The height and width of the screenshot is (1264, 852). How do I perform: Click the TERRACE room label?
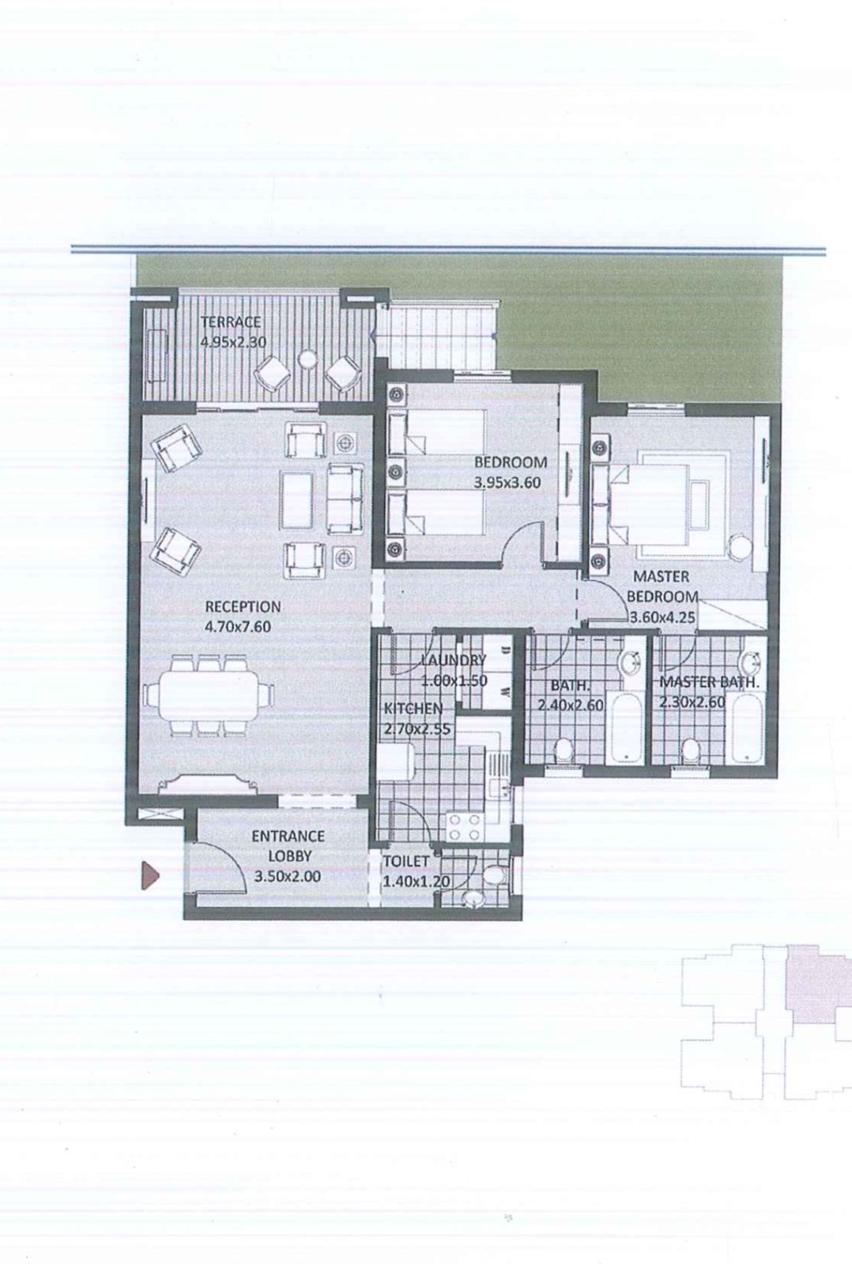(x=232, y=322)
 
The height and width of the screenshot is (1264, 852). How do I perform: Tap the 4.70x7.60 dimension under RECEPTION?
(x=238, y=627)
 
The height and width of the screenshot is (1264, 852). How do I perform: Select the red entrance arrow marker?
(x=150, y=875)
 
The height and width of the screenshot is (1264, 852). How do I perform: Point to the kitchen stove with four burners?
(x=466, y=826)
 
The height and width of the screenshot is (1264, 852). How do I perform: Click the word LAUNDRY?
(x=454, y=660)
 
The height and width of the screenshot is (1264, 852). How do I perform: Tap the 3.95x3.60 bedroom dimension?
(x=507, y=483)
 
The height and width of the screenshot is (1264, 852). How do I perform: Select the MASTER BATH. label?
(x=709, y=682)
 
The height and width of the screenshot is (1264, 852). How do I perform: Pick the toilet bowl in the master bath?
(x=690, y=750)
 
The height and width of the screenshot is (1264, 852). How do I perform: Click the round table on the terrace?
(x=308, y=359)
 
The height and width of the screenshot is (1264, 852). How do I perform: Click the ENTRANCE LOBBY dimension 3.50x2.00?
(x=288, y=876)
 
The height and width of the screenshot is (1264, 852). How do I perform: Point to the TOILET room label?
(x=406, y=862)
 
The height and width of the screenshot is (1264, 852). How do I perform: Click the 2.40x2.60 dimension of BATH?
(x=571, y=705)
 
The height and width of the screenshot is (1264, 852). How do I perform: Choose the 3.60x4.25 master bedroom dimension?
(x=662, y=617)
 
